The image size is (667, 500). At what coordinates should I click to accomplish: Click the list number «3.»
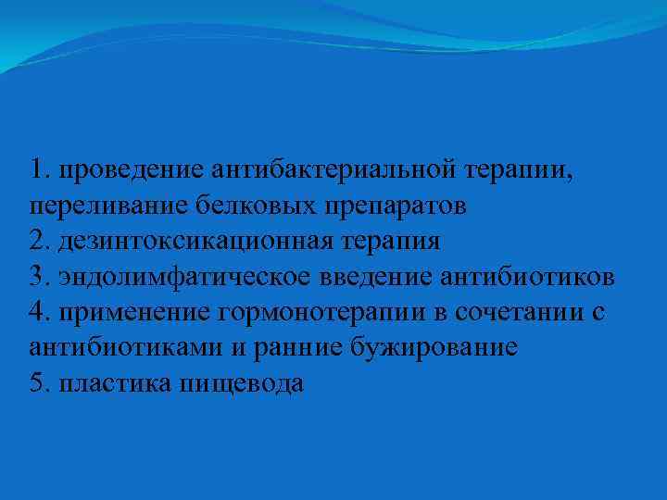[41, 277]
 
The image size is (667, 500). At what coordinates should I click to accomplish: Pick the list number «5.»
[41, 382]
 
